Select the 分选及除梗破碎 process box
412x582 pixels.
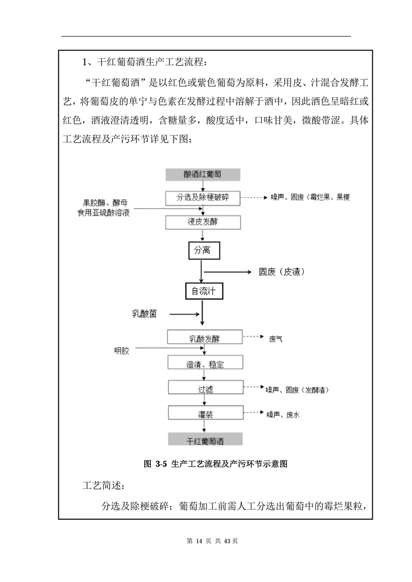pyautogui.click(x=202, y=198)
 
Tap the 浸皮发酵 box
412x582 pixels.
pyautogui.click(x=202, y=222)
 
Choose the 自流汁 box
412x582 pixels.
pyautogui.click(x=203, y=291)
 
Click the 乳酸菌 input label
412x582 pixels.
pyautogui.click(x=144, y=313)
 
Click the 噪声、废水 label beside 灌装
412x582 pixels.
pyautogui.click(x=282, y=414)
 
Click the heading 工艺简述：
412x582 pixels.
pyautogui.click(x=103, y=485)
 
